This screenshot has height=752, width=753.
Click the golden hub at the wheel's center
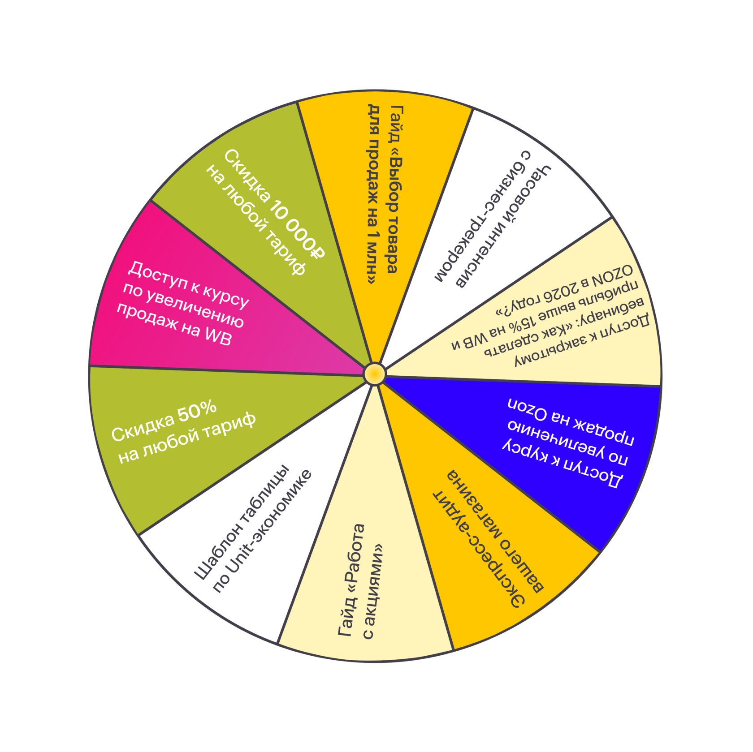tap(375, 374)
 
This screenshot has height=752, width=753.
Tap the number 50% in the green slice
tap(197, 413)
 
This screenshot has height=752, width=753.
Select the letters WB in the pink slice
tap(218, 335)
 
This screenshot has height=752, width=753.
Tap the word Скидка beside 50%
tap(143, 427)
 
